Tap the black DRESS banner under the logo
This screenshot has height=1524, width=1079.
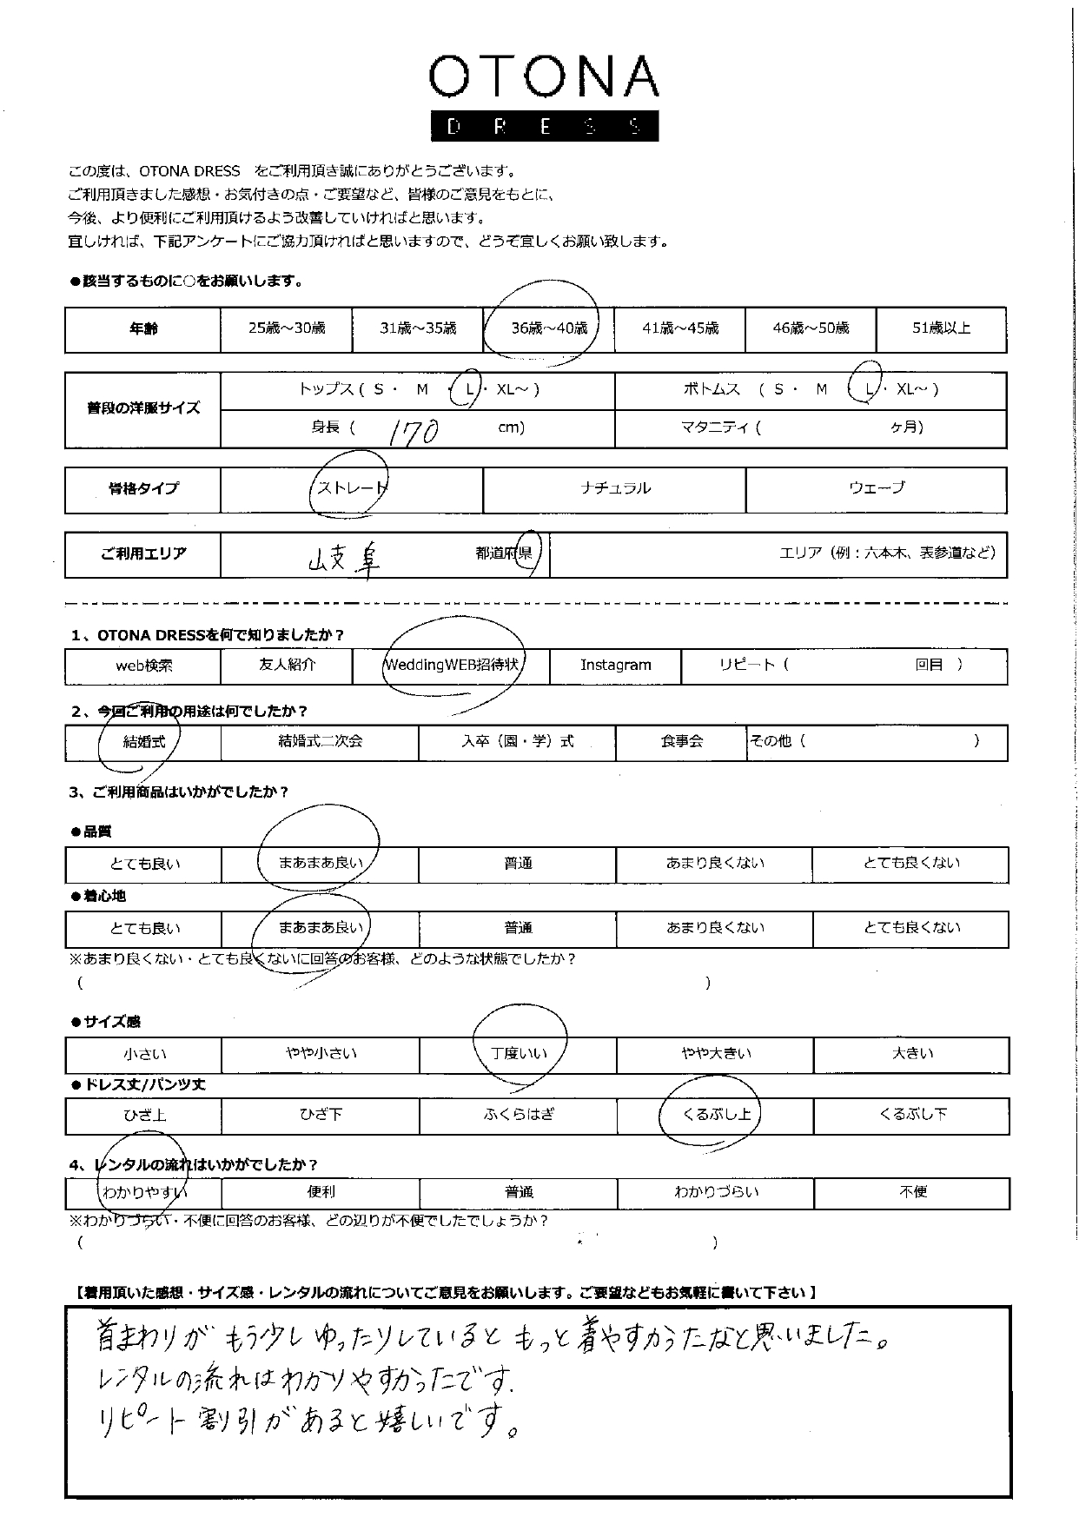544,127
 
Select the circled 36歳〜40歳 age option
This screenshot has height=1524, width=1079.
548,328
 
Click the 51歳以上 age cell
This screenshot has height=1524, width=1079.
941,328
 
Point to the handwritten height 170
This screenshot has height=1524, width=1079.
414,430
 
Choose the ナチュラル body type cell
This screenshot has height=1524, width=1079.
614,488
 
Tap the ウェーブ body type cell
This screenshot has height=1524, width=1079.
876,488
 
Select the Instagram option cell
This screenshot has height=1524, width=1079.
615,666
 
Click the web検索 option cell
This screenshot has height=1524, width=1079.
143,666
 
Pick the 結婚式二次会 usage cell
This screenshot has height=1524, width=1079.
320,742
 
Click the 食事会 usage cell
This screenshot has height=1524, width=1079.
681,742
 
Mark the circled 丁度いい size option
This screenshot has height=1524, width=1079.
519,1054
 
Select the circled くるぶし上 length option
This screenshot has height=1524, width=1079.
716,1115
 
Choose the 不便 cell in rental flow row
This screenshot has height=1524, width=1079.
912,1193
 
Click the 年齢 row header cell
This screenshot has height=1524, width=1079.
143,329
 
